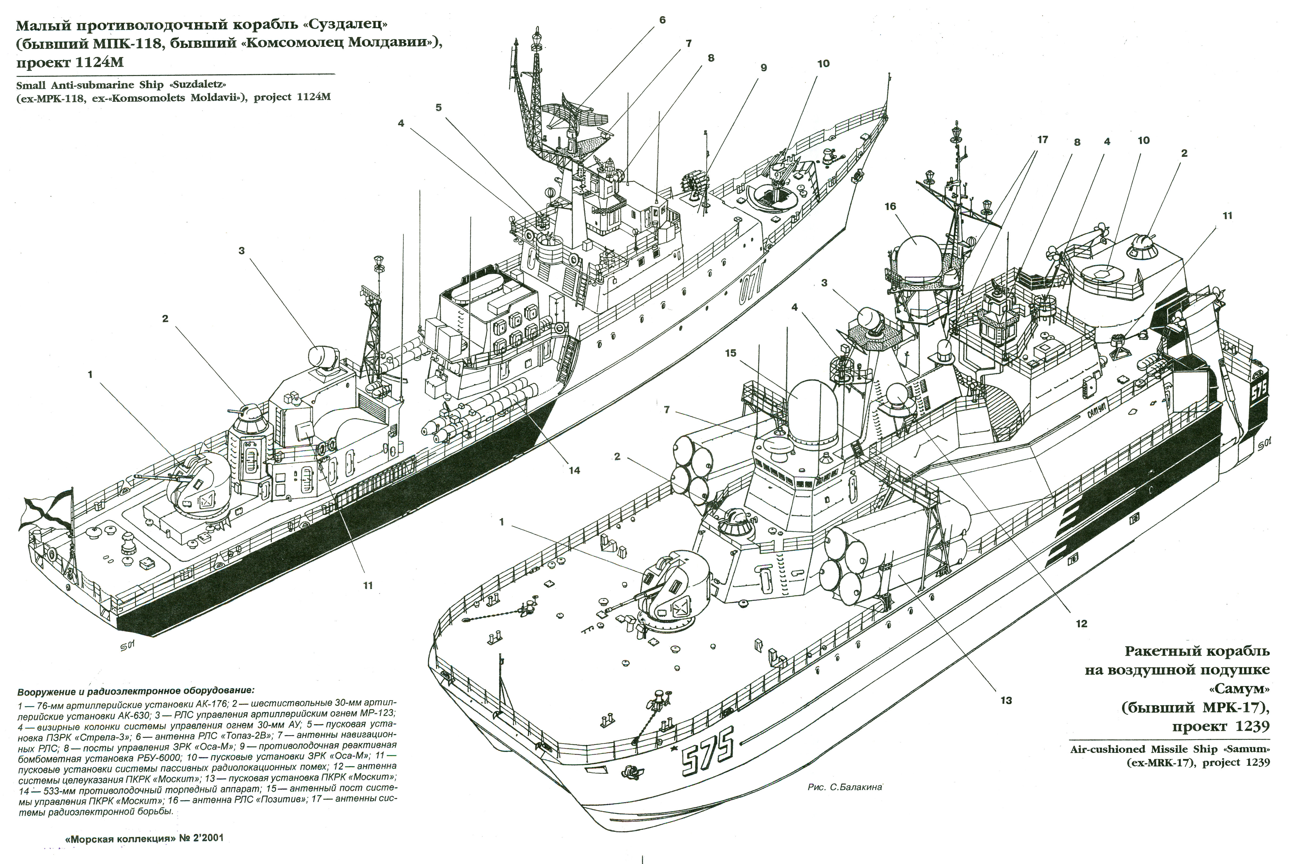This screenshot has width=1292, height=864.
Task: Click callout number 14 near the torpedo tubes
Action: point(574,470)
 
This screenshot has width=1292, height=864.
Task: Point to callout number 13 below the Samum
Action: point(1006,701)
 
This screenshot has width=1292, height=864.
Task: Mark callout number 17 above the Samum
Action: point(1042,140)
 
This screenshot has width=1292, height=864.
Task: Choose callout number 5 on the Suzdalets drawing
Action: point(439,107)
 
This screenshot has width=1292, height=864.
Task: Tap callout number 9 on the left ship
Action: point(764,68)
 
